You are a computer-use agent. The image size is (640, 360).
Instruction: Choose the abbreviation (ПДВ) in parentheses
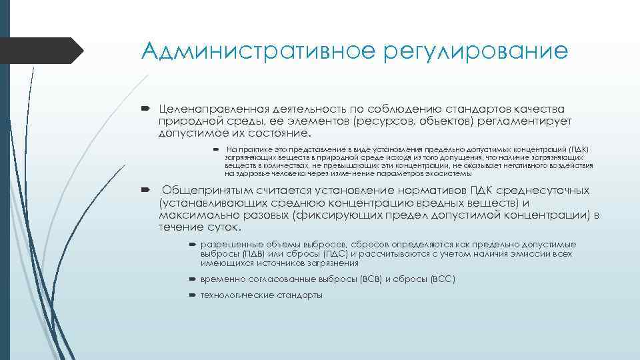click(249, 254)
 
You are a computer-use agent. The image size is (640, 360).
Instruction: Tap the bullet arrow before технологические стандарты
click(192, 295)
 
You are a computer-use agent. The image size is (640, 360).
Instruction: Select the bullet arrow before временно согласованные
click(192, 279)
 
